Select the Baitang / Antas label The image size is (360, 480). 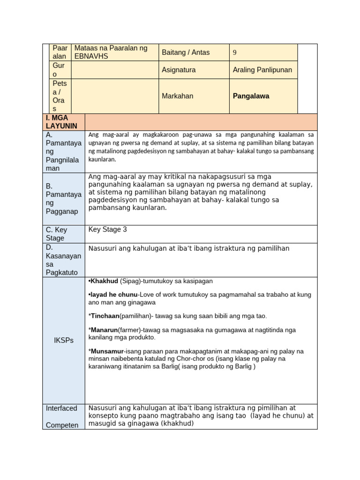[186, 52]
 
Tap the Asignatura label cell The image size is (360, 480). [179, 70]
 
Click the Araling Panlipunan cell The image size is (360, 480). [262, 70]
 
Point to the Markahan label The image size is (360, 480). [177, 96]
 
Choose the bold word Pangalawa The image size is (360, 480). [251, 96]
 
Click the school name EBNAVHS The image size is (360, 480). [91, 56]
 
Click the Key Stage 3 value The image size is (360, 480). [107, 230]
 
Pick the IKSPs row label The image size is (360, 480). [63, 340]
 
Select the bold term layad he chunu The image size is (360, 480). [112, 295]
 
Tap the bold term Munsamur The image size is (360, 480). [107, 351]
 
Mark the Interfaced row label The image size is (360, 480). [61, 408]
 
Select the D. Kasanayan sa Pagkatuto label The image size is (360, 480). [63, 260]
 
